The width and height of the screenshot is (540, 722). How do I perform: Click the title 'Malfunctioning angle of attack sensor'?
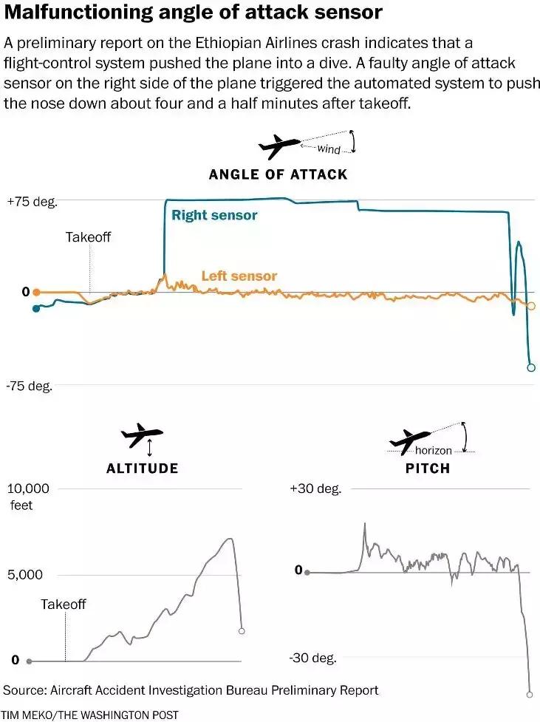point(193,13)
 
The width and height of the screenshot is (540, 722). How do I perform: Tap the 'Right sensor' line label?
point(214,215)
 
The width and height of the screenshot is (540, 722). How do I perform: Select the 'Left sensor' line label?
point(239,276)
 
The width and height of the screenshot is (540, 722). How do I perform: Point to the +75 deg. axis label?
point(31,201)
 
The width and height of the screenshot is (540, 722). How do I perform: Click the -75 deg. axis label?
point(30,386)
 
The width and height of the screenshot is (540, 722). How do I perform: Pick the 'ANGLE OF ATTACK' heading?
point(278,174)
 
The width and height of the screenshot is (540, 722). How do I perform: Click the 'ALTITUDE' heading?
point(142,469)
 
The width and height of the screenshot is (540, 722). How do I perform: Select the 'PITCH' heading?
point(428,469)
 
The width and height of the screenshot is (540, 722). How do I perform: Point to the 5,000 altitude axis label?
point(25,575)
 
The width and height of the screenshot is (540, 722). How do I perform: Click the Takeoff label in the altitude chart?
point(64,604)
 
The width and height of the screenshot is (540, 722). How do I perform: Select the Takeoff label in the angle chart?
point(88,237)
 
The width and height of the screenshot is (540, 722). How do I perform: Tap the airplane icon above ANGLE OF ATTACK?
point(279,146)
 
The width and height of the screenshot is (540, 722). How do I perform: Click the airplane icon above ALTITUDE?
point(142,436)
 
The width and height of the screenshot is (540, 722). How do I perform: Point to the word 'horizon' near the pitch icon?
point(433,450)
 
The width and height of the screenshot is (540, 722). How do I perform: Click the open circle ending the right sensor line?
point(530,367)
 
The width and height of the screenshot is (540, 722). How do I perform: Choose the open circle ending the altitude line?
point(242,631)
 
